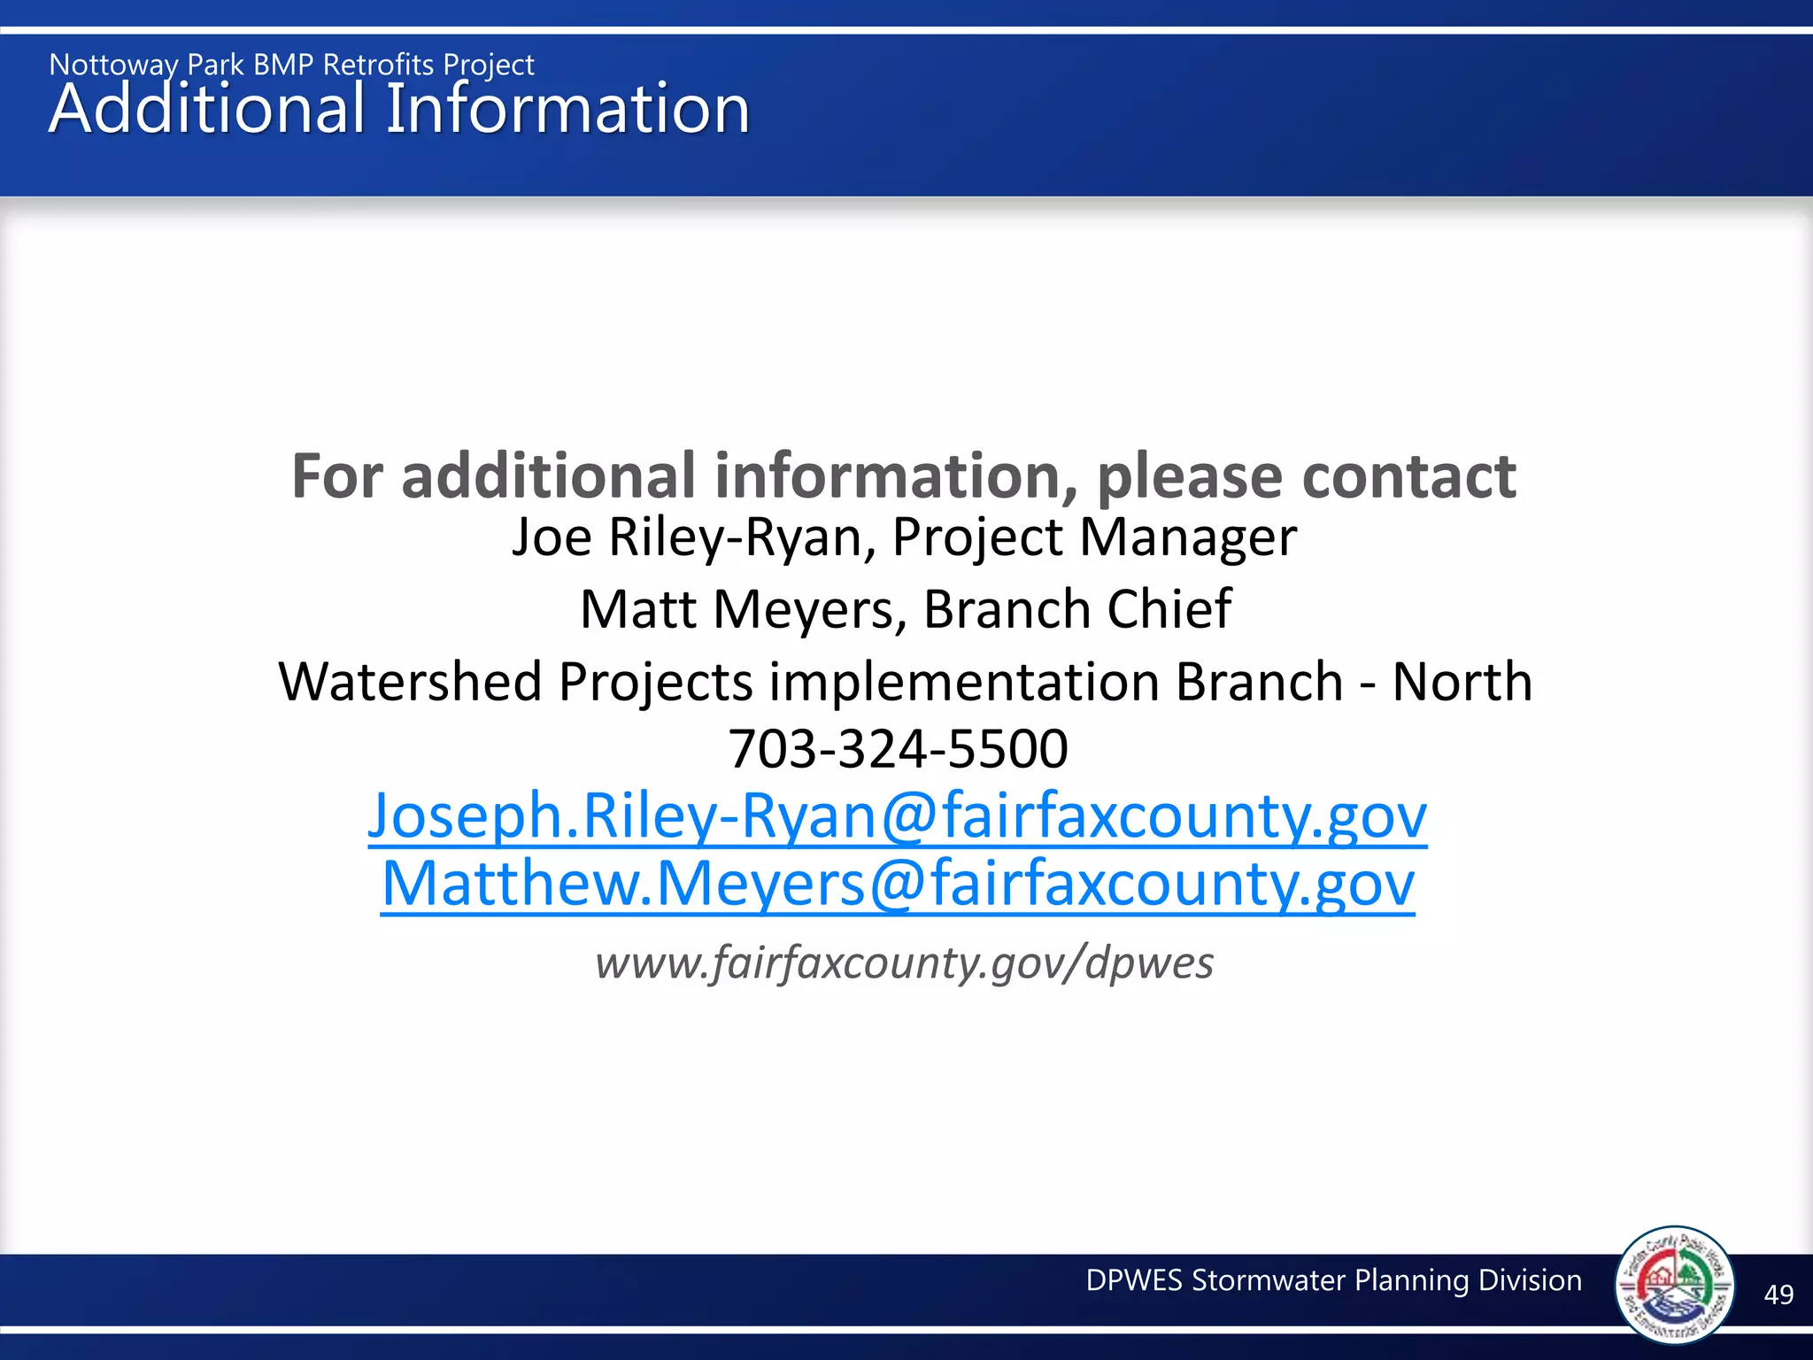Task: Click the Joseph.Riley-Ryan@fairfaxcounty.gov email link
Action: click(897, 815)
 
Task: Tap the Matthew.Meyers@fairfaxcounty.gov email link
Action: click(898, 884)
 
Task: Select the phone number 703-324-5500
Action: click(898, 749)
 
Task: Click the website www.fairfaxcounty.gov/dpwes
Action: click(904, 962)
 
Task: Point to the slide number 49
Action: click(1778, 1294)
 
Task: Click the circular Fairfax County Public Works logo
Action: click(1674, 1284)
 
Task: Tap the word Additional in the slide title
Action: click(206, 109)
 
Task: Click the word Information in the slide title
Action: click(567, 109)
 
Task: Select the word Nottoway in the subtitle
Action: click(113, 65)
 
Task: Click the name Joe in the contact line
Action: click(552, 537)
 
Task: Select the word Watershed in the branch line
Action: click(410, 682)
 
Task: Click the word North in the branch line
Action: click(1462, 682)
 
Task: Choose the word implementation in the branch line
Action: click(964, 682)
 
